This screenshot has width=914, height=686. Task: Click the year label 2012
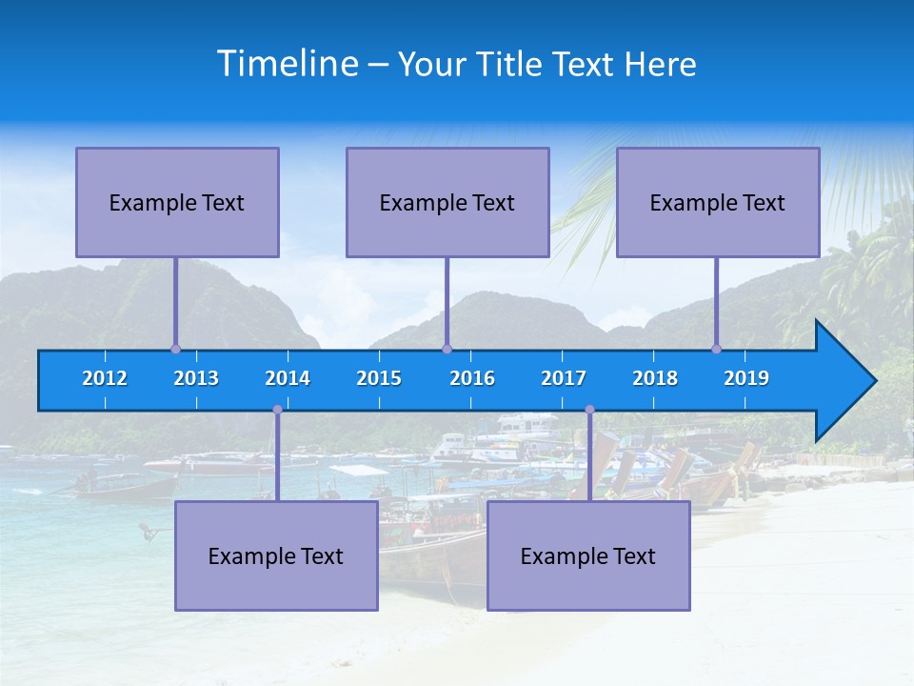[105, 378]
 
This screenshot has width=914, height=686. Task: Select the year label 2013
[196, 378]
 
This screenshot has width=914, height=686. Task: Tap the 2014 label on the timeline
[288, 378]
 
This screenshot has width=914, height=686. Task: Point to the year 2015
[379, 378]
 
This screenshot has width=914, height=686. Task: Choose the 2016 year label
[472, 378]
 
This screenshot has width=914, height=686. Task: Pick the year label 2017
[564, 378]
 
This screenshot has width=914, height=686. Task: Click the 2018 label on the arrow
[655, 378]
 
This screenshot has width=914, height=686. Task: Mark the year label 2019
[746, 378]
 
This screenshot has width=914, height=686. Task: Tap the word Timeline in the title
[287, 64]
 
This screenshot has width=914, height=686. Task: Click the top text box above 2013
[177, 202]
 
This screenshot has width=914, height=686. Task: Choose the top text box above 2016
[447, 202]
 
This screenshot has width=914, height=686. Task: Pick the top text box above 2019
[718, 202]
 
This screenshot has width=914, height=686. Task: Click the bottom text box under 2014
[276, 555]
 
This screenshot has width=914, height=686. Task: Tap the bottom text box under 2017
[588, 555]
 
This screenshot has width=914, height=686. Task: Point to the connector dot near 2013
[175, 349]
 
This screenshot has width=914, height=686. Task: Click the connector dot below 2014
[277, 410]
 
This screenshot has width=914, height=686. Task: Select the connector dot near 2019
[716, 349]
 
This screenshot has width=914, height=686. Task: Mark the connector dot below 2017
[589, 410]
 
